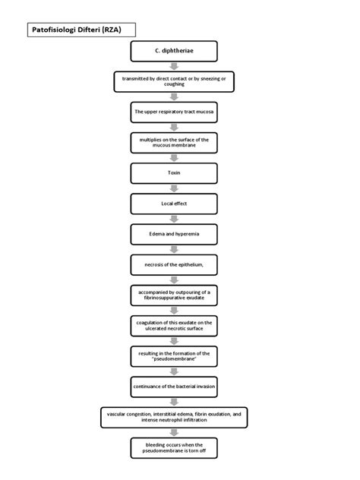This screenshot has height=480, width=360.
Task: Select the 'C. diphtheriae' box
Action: coord(174,52)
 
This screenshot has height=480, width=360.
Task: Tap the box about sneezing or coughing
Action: coord(174,81)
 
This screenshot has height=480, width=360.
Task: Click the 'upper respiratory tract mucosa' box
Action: coord(174,112)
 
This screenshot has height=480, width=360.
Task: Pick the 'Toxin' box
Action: coord(174,173)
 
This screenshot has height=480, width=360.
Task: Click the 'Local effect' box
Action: coord(174,204)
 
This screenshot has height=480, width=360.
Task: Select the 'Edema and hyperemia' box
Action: coord(174,234)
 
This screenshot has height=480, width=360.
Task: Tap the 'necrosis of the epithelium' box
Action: coord(174,264)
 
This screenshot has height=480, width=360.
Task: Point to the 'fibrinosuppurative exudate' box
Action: coord(174,295)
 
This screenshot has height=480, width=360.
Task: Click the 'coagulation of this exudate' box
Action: coord(174,326)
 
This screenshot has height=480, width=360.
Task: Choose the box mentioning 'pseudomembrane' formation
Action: coord(174,356)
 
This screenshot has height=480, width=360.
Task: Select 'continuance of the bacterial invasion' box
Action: coord(174,387)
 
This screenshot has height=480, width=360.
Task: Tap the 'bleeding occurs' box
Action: coord(174,447)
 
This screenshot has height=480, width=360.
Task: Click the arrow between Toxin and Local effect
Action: coord(174,188)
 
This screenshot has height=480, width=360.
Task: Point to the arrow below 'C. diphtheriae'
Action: coord(174,66)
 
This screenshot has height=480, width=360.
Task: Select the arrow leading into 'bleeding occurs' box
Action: coord(174,432)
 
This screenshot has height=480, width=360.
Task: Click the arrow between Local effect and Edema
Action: coord(174,219)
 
